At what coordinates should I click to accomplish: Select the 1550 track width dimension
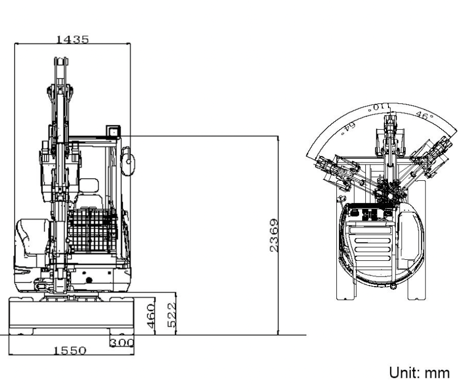click(70, 350)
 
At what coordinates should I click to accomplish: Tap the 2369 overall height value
click(273, 236)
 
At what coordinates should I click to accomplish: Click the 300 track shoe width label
click(123, 342)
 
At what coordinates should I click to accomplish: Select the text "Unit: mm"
click(418, 373)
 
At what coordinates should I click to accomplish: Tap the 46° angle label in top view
click(422, 115)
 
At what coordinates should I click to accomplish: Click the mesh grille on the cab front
click(92, 230)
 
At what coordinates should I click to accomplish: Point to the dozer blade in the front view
click(71, 315)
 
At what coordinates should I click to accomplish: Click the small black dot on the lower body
click(89, 280)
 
